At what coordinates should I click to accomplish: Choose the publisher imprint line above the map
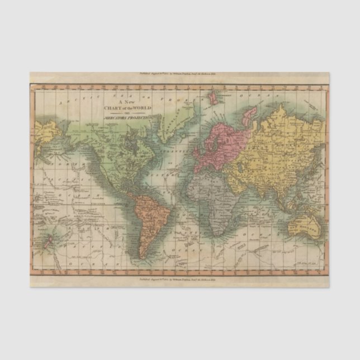coord(179,74)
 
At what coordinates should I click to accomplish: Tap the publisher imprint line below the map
coord(179,277)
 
